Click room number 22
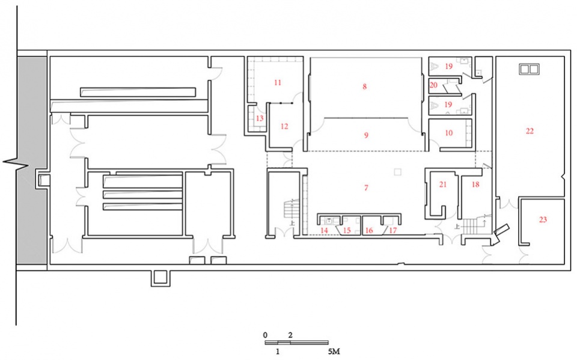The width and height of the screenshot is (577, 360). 530,130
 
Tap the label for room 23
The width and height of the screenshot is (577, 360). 543,220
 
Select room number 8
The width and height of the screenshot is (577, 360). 364,87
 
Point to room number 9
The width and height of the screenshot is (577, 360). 365,136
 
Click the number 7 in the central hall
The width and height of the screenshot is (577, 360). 365,188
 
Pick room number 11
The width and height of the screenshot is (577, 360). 277,82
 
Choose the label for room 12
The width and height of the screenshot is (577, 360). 284,126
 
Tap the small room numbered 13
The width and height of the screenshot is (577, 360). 260,118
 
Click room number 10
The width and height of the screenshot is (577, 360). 448,133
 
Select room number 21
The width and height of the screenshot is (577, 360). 443,185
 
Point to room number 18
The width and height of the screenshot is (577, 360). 475,185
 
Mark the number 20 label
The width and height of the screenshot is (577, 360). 433,85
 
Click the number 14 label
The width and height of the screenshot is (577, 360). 325,230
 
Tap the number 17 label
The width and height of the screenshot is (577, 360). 393,230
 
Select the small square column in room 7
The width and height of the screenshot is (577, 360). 396,172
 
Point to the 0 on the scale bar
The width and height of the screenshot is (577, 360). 265,334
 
